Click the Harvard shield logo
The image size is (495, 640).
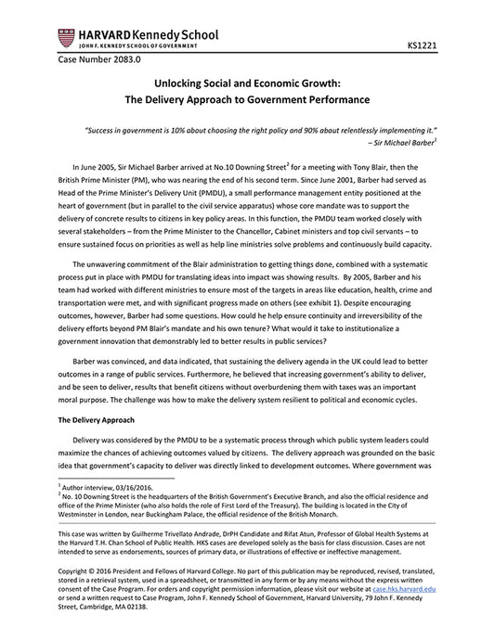64,38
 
